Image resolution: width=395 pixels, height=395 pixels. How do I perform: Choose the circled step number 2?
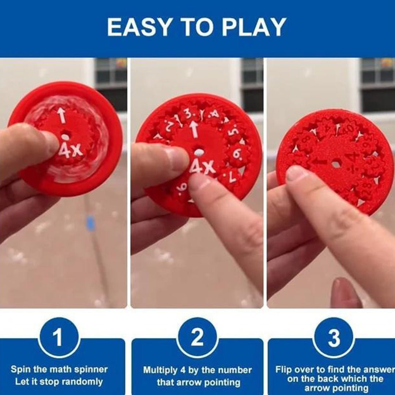tap(197, 337)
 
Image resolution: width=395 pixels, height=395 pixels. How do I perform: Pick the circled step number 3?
tap(334, 337)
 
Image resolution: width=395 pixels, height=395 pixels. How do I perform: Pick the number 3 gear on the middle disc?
tap(188, 114)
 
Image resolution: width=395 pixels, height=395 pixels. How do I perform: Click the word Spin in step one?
tap(21, 369)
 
